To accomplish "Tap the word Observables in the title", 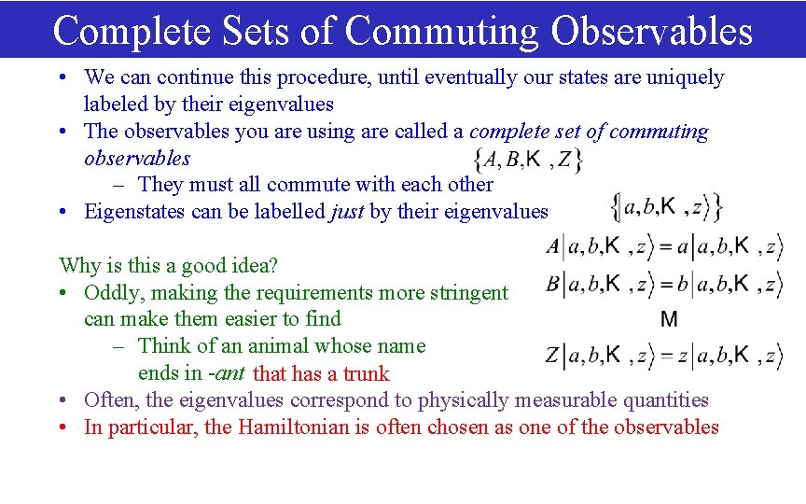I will click(x=651, y=30).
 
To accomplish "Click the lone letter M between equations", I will click(x=668, y=320).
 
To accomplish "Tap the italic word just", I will click(x=348, y=212).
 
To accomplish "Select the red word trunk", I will click(x=365, y=374).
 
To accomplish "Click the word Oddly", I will click(x=111, y=293).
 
